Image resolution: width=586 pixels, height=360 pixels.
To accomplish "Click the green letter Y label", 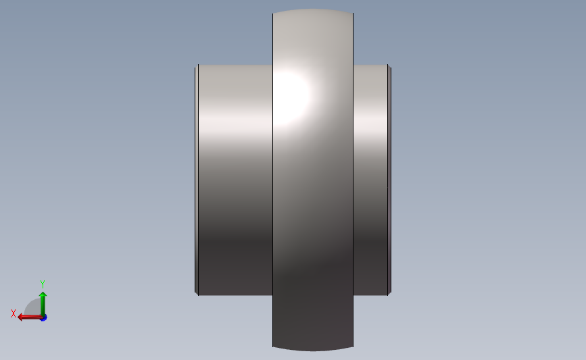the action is [x=42, y=284].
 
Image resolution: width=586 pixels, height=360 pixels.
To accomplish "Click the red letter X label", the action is [x=14, y=313].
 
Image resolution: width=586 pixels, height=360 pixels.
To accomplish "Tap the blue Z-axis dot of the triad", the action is [x=44, y=318].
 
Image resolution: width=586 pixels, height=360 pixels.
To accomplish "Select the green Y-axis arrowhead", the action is [x=43, y=294].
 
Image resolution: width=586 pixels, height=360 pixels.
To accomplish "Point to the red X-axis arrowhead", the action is [x=21, y=317].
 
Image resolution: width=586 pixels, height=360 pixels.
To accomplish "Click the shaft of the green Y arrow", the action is [x=43, y=306].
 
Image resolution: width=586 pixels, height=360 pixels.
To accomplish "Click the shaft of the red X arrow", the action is [x=32, y=317].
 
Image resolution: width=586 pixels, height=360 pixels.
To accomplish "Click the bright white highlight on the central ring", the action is [x=291, y=98].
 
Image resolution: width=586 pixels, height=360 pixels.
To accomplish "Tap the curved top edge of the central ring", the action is [x=313, y=9].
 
